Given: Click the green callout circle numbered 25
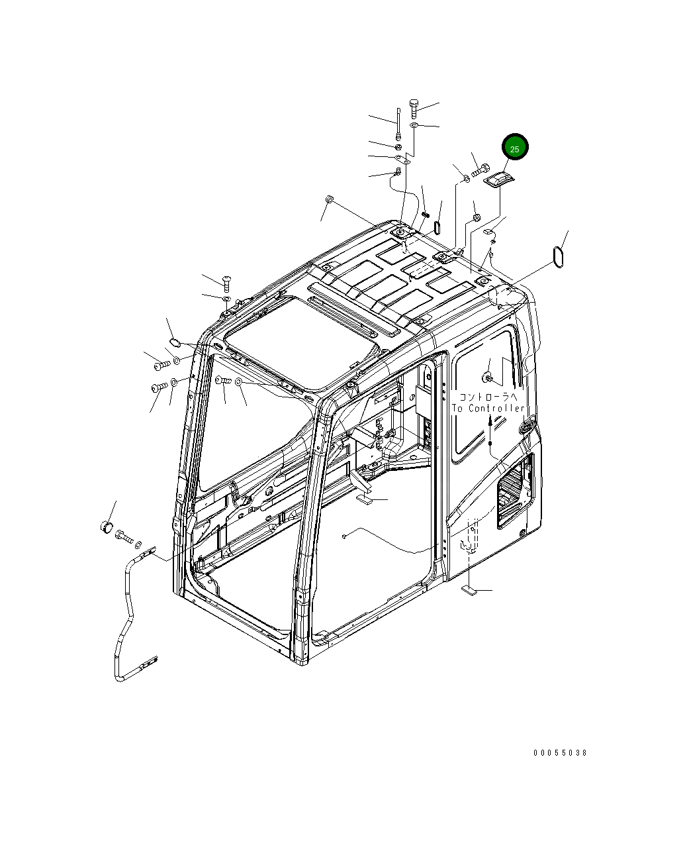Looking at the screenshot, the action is point(515,147).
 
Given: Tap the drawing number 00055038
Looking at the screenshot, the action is point(560,752).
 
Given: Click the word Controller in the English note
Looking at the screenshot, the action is point(496,408).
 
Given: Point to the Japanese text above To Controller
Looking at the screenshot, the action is point(488,397).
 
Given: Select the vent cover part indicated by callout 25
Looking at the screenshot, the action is point(499,180).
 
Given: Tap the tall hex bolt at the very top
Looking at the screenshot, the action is point(414,109).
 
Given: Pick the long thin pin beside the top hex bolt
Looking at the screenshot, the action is point(398,124).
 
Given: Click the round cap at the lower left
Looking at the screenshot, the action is point(107,527).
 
